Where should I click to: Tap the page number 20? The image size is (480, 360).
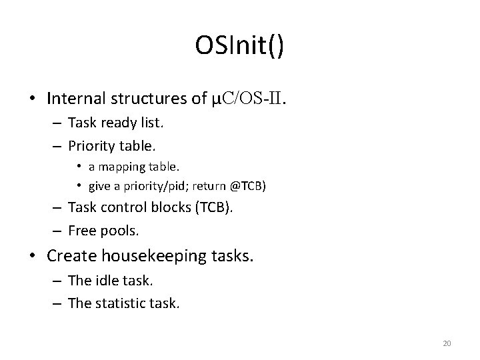pyautogui.click(x=447, y=343)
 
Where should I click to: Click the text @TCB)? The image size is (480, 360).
pyautogui.click(x=247, y=185)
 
